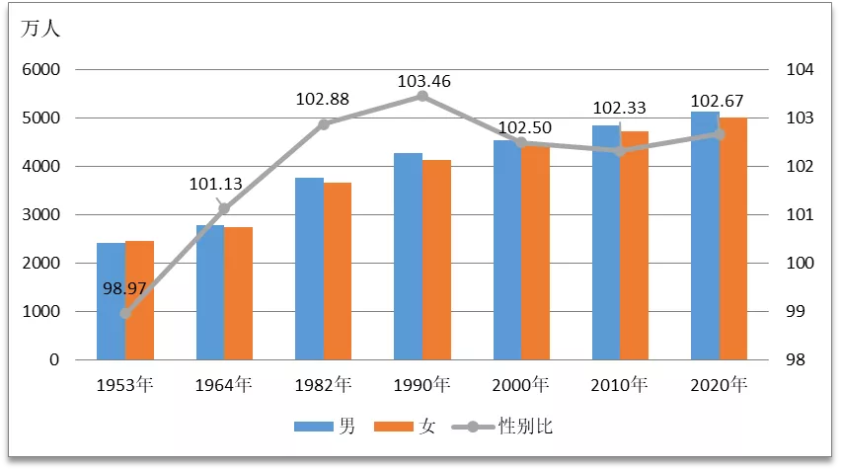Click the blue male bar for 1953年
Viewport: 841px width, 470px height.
pyautogui.click(x=111, y=301)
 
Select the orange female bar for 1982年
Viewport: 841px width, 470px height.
pyautogui.click(x=338, y=272)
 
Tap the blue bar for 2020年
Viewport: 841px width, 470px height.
pyautogui.click(x=705, y=236)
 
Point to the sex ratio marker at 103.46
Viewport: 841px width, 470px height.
pyautogui.click(x=422, y=96)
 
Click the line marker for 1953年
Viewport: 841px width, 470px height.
pyautogui.click(x=125, y=313)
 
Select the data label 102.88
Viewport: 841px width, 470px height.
pyautogui.click(x=323, y=100)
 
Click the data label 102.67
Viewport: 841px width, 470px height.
pyautogui.click(x=718, y=101)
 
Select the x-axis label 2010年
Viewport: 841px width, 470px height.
pyautogui.click(x=620, y=384)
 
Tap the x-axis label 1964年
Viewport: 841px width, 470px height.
pyautogui.click(x=224, y=384)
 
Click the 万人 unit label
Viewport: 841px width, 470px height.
pyautogui.click(x=40, y=29)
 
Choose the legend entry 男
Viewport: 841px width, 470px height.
pyautogui.click(x=346, y=427)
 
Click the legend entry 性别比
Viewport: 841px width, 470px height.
pyautogui.click(x=532, y=427)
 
